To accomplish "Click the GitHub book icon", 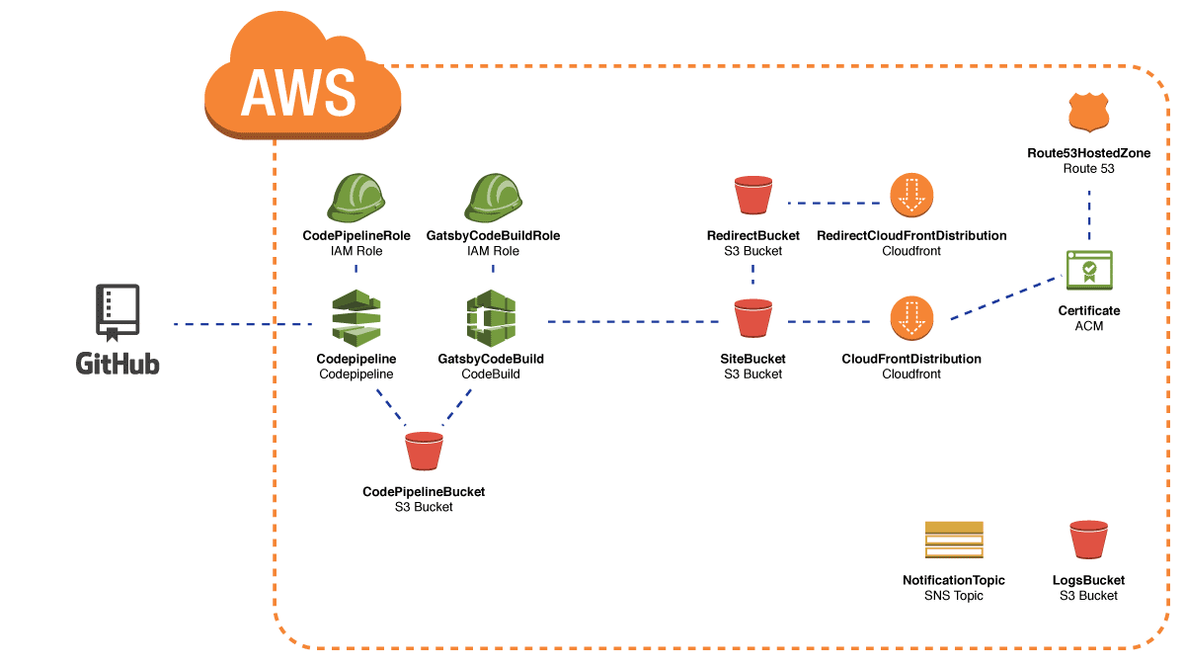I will click(x=118, y=312).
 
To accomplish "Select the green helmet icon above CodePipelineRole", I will click(x=356, y=198).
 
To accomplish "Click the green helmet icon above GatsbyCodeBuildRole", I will click(x=492, y=198).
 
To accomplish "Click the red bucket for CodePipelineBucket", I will click(x=424, y=451).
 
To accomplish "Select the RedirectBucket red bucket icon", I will click(x=753, y=196).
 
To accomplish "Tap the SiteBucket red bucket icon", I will click(x=753, y=318).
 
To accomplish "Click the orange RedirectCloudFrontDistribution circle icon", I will click(x=911, y=196).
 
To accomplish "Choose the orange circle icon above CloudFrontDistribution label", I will click(x=911, y=318).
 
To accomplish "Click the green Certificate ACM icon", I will click(x=1089, y=269).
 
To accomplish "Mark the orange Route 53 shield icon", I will click(x=1089, y=114).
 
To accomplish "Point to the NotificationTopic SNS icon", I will click(x=954, y=540).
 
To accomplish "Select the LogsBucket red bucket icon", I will click(x=1089, y=540).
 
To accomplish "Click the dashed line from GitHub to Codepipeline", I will click(x=242, y=324).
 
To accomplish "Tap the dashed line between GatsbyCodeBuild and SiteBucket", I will click(x=632, y=322).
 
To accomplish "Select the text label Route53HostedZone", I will click(x=1089, y=154).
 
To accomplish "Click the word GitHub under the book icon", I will click(x=118, y=363).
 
